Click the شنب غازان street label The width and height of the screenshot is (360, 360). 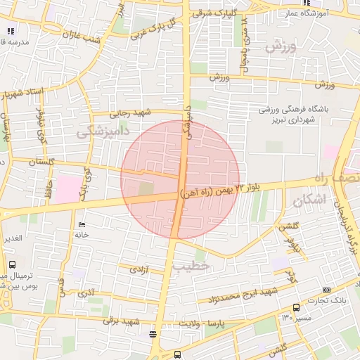(82, 31)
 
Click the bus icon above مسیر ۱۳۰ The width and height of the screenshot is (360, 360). (295, 307)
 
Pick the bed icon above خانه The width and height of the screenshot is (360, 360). (83, 224)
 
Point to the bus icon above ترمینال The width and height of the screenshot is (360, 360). (12, 264)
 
